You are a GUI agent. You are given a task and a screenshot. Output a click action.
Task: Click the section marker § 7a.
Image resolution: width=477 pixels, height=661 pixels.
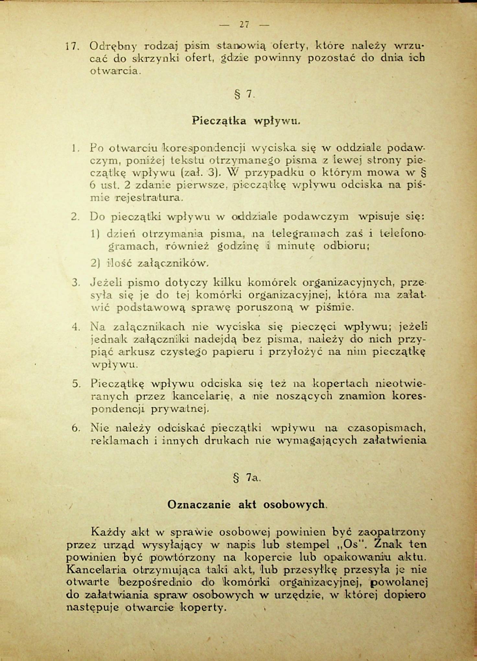click(247, 478)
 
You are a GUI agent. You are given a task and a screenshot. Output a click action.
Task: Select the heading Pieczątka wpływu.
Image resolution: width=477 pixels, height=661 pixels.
click(246, 121)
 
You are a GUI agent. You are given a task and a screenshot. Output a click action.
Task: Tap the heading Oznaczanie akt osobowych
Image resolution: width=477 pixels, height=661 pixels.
click(246, 504)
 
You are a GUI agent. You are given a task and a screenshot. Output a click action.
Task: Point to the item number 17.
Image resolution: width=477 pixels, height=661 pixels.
click(71, 46)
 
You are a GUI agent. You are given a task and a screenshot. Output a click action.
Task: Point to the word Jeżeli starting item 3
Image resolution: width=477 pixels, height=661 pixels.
click(106, 283)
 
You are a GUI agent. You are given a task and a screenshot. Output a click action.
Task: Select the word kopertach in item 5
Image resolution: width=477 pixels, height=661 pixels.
click(340, 384)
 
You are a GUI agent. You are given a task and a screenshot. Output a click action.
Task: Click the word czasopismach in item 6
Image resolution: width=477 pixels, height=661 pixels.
click(386, 428)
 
